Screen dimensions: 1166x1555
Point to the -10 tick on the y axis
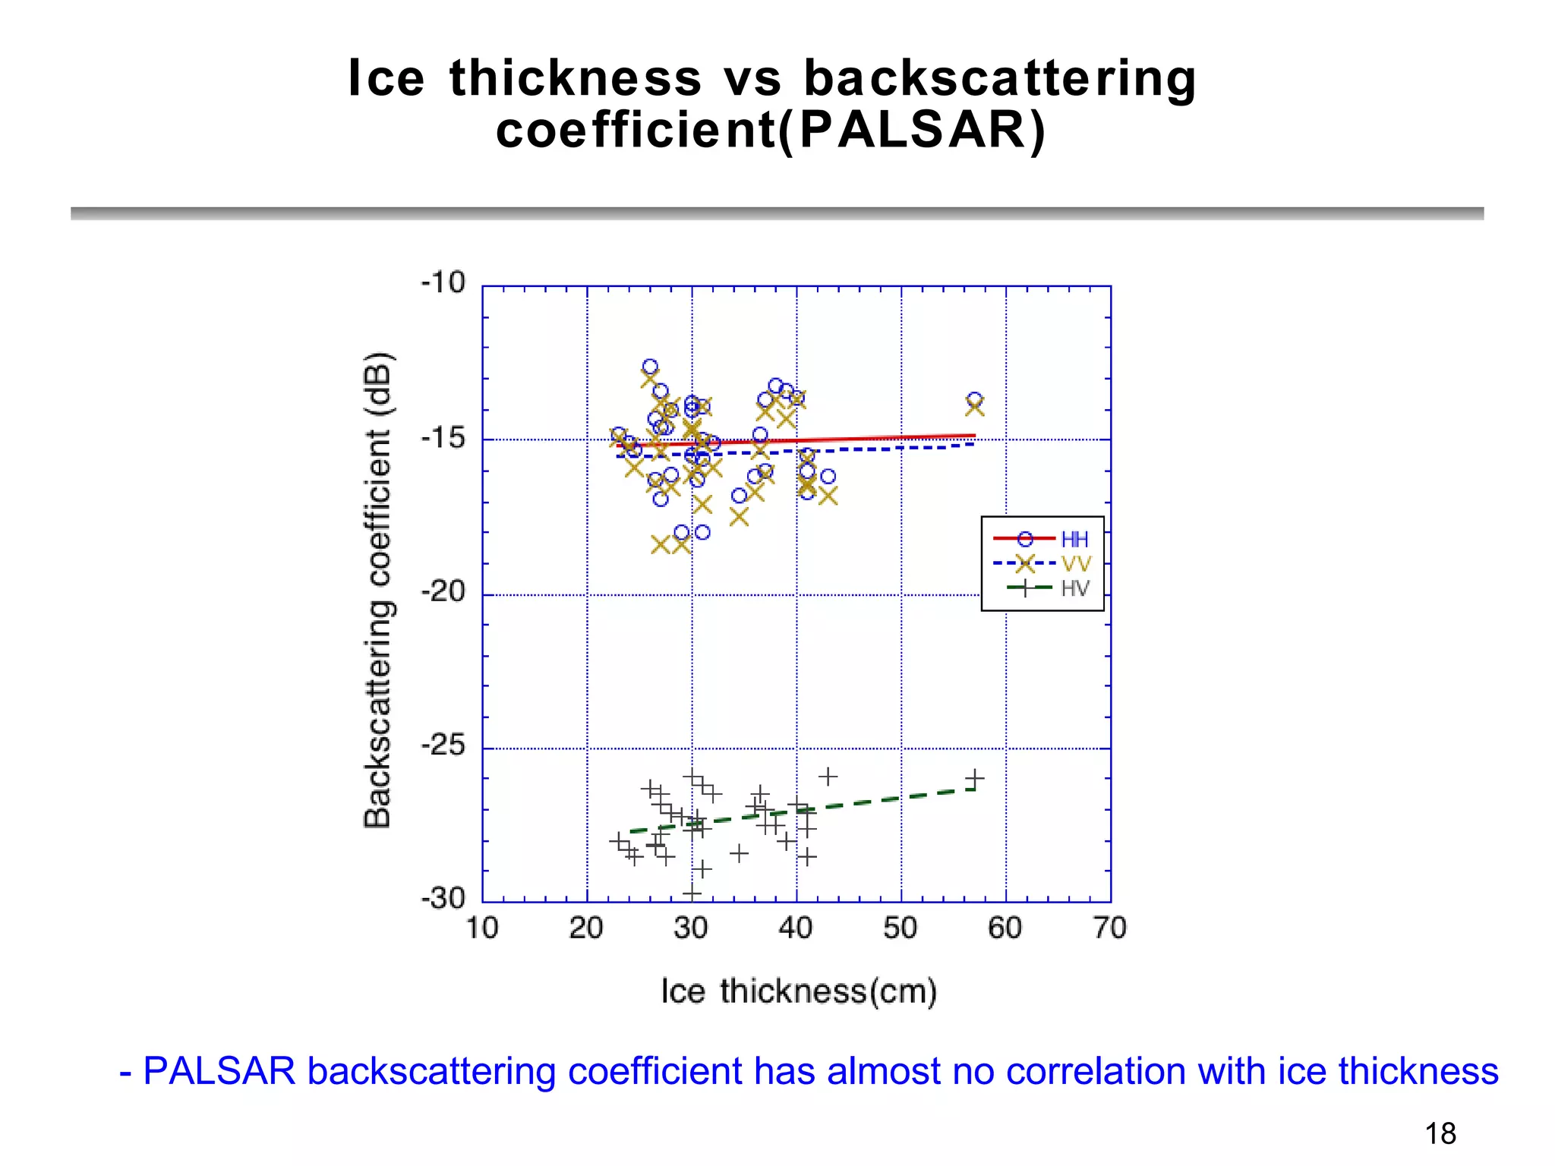[x=443, y=283]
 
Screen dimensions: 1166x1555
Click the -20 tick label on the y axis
[x=443, y=591]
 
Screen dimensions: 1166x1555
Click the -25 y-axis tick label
[x=443, y=745]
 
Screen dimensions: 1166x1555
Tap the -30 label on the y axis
[x=443, y=899]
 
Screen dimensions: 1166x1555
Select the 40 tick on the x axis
[x=796, y=928]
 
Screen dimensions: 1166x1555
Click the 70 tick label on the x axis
[x=1109, y=928]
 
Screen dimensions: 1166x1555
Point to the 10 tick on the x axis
[x=481, y=928]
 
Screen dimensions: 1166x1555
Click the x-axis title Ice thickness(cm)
[x=799, y=991]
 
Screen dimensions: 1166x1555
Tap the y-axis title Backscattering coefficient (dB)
[x=377, y=591]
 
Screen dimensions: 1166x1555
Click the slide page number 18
[x=1440, y=1133]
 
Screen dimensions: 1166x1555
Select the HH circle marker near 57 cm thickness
[x=974, y=399]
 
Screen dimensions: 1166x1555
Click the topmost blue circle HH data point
[x=650, y=367]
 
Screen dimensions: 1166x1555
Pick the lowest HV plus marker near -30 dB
[x=692, y=893]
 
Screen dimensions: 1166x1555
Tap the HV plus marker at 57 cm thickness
[x=975, y=778]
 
